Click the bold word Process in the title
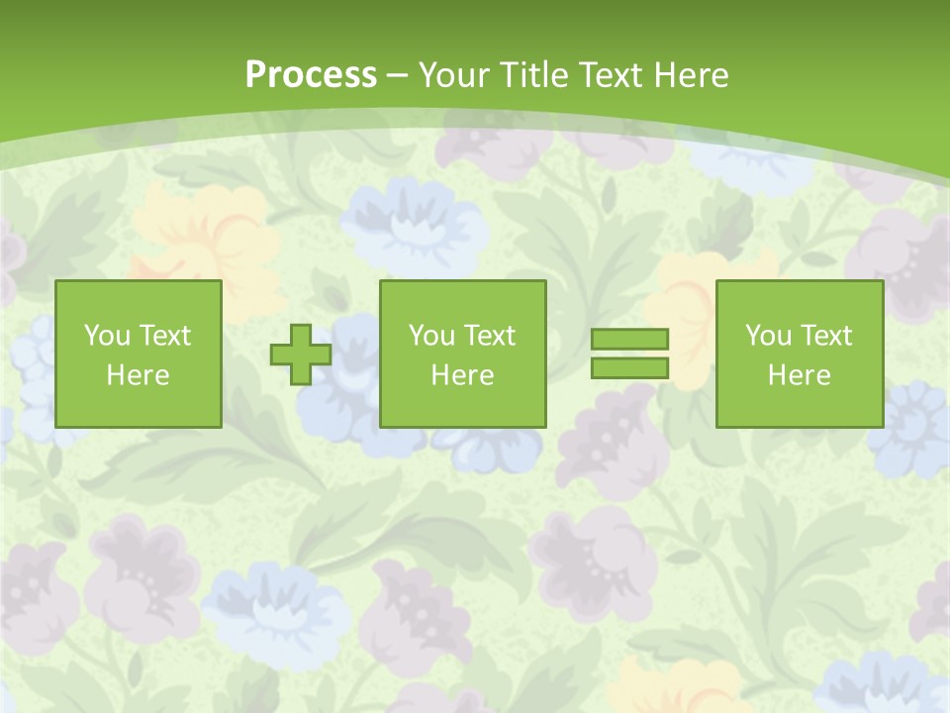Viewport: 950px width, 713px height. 311,75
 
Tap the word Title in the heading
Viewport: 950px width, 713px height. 534,75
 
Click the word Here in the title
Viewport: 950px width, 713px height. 692,75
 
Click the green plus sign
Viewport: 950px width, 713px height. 301,355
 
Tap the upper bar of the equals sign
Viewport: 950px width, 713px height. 629,339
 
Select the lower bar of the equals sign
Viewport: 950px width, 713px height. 629,368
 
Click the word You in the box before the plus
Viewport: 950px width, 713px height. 107,336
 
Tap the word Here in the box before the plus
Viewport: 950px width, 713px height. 139,375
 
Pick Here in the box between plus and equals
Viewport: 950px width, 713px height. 463,375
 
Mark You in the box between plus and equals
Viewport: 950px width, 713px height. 431,336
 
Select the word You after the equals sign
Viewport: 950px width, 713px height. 768,336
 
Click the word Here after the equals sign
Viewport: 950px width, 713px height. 800,375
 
